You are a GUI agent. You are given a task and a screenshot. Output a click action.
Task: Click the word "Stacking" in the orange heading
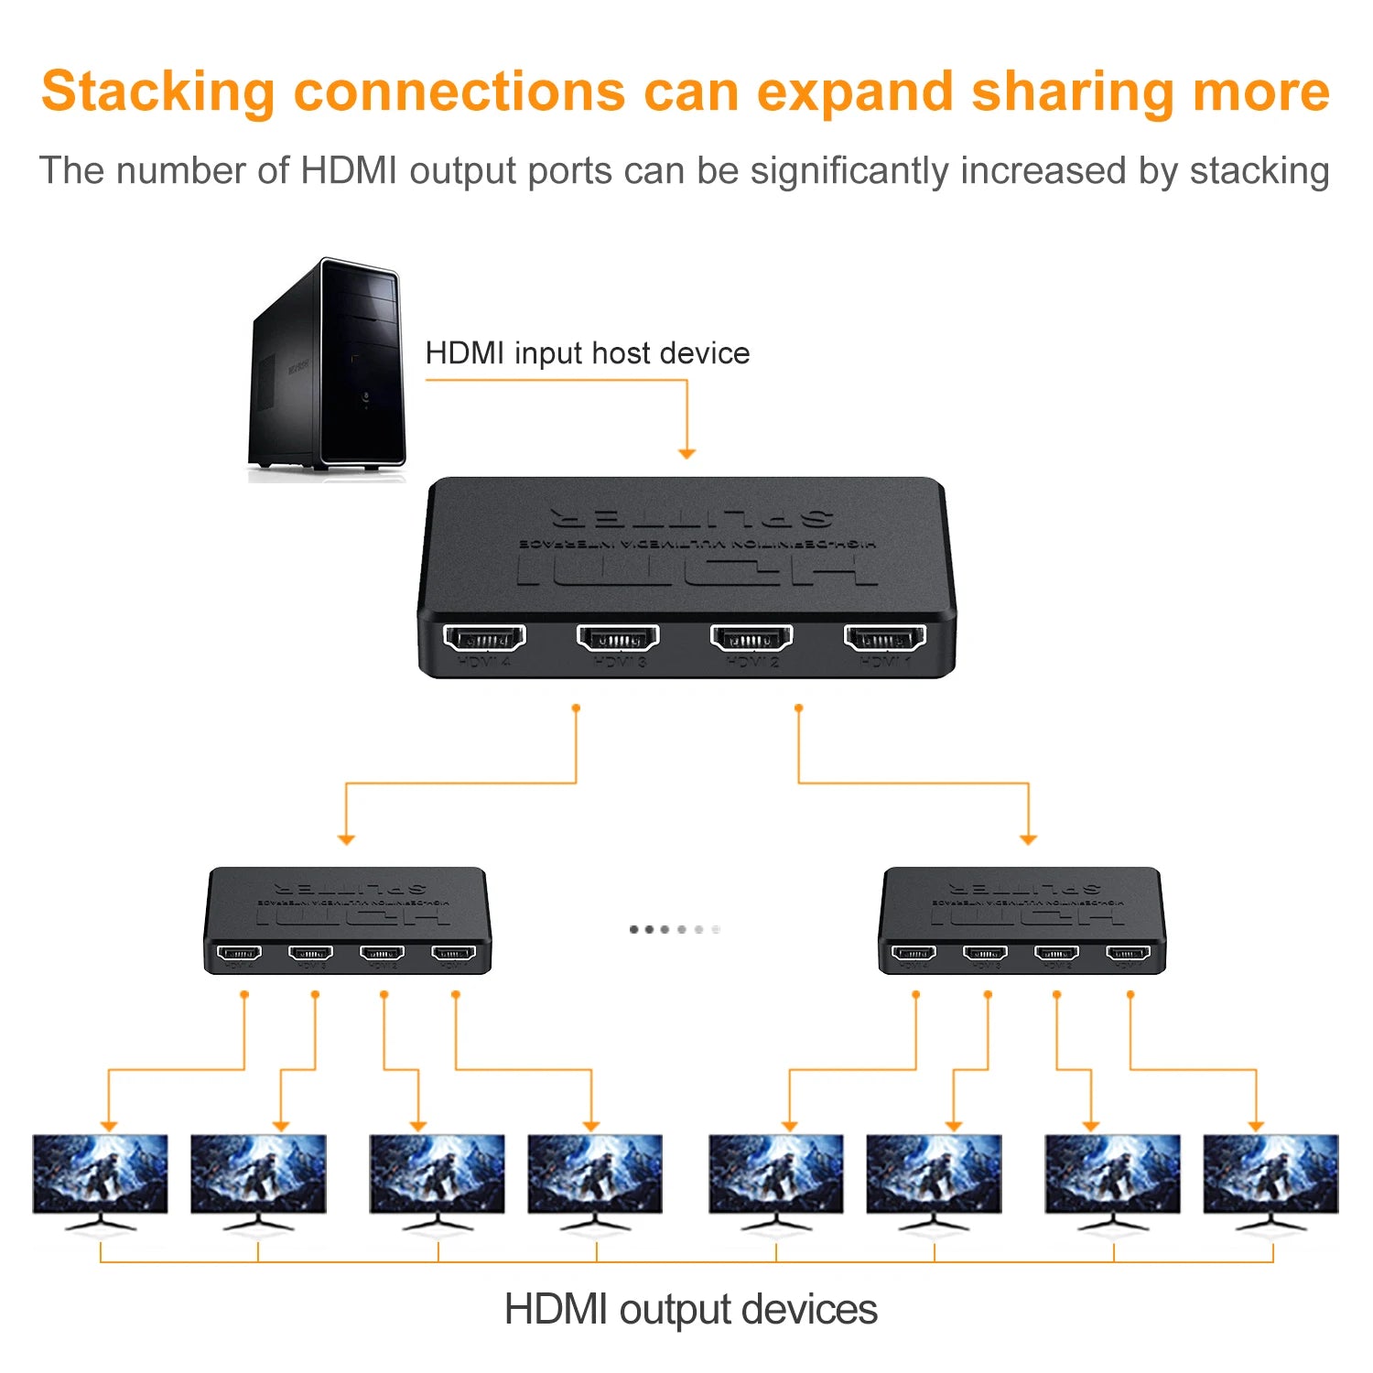coord(157,92)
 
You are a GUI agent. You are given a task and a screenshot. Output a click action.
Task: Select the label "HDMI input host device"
coord(587,353)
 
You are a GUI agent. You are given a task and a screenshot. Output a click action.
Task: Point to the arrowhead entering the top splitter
coord(686,453)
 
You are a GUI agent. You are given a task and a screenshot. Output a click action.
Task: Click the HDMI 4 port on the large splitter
coord(484,637)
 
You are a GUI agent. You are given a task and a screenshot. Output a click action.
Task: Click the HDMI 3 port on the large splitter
coord(618,637)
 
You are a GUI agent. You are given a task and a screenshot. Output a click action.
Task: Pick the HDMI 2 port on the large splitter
coord(751,637)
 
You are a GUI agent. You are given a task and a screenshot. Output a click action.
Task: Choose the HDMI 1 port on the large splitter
coord(884,637)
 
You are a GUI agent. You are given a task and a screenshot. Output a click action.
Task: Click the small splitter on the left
coord(347,920)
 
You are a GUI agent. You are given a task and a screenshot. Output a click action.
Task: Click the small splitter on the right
coord(1022,920)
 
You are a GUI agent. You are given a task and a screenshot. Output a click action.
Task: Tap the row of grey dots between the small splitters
coord(675,929)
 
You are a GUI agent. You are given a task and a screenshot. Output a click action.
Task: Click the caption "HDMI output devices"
coord(690,1309)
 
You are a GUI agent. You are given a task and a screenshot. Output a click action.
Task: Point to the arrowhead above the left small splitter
coord(346,838)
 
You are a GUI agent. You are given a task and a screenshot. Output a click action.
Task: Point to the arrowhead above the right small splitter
coord(1028,838)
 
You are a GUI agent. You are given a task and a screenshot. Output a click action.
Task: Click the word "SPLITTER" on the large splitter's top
coord(692,518)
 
